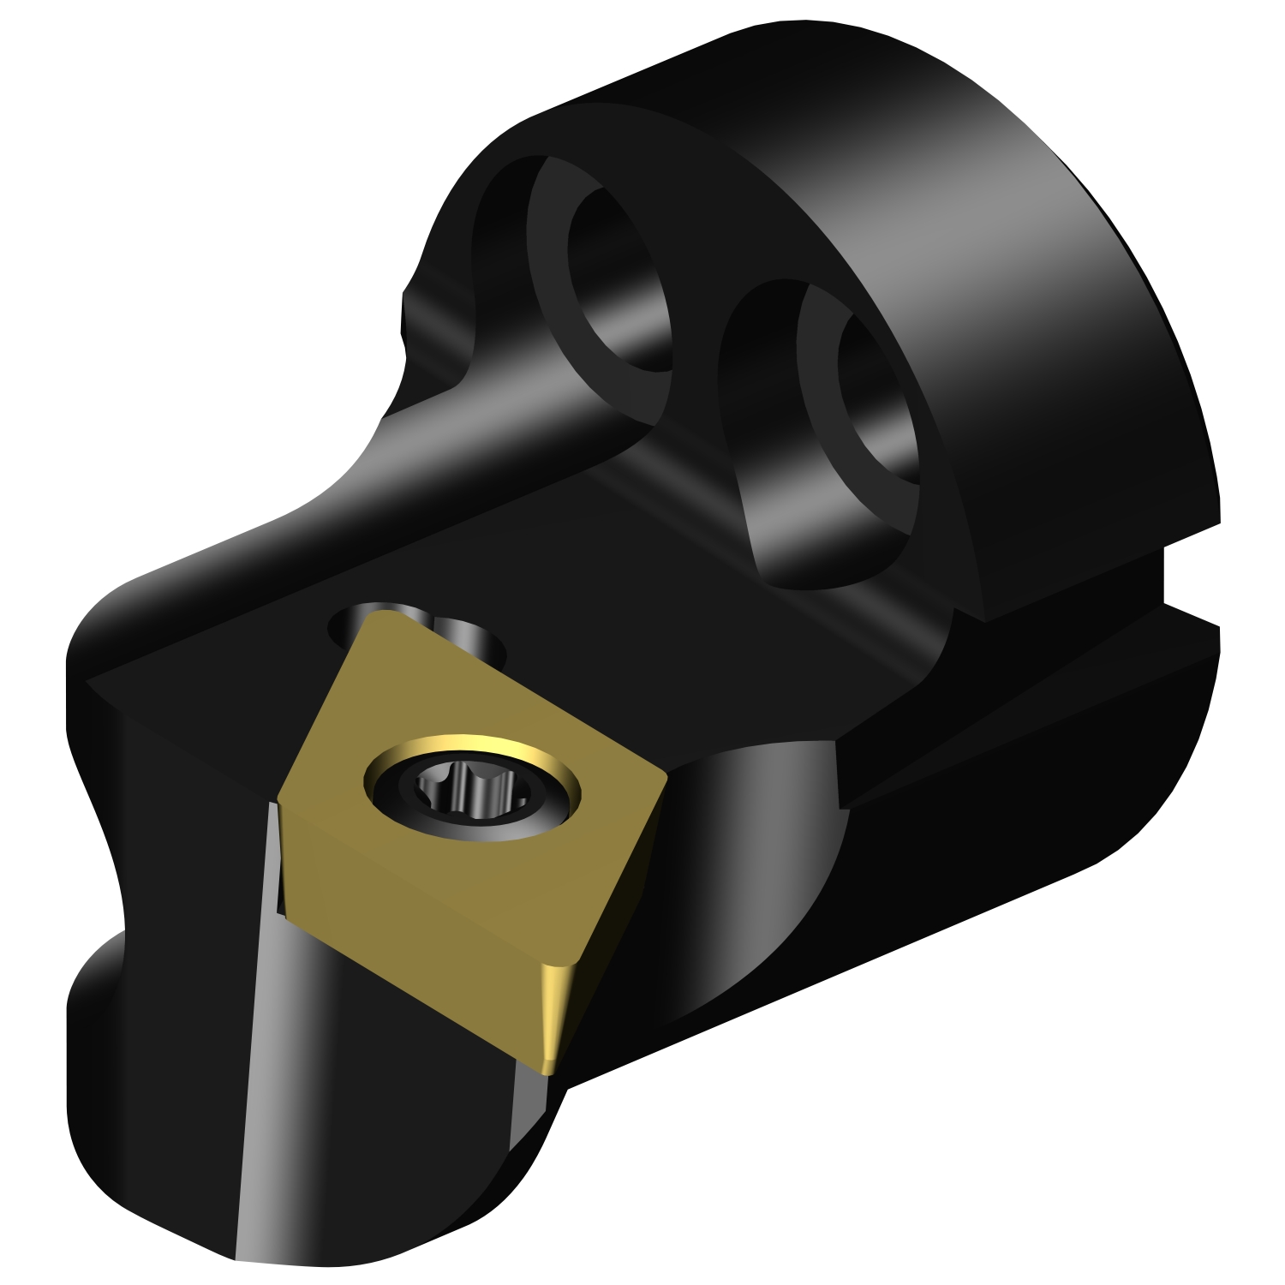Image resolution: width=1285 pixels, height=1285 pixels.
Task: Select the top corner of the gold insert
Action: (381, 615)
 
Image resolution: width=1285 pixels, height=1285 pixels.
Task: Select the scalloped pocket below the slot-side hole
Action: (797, 531)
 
